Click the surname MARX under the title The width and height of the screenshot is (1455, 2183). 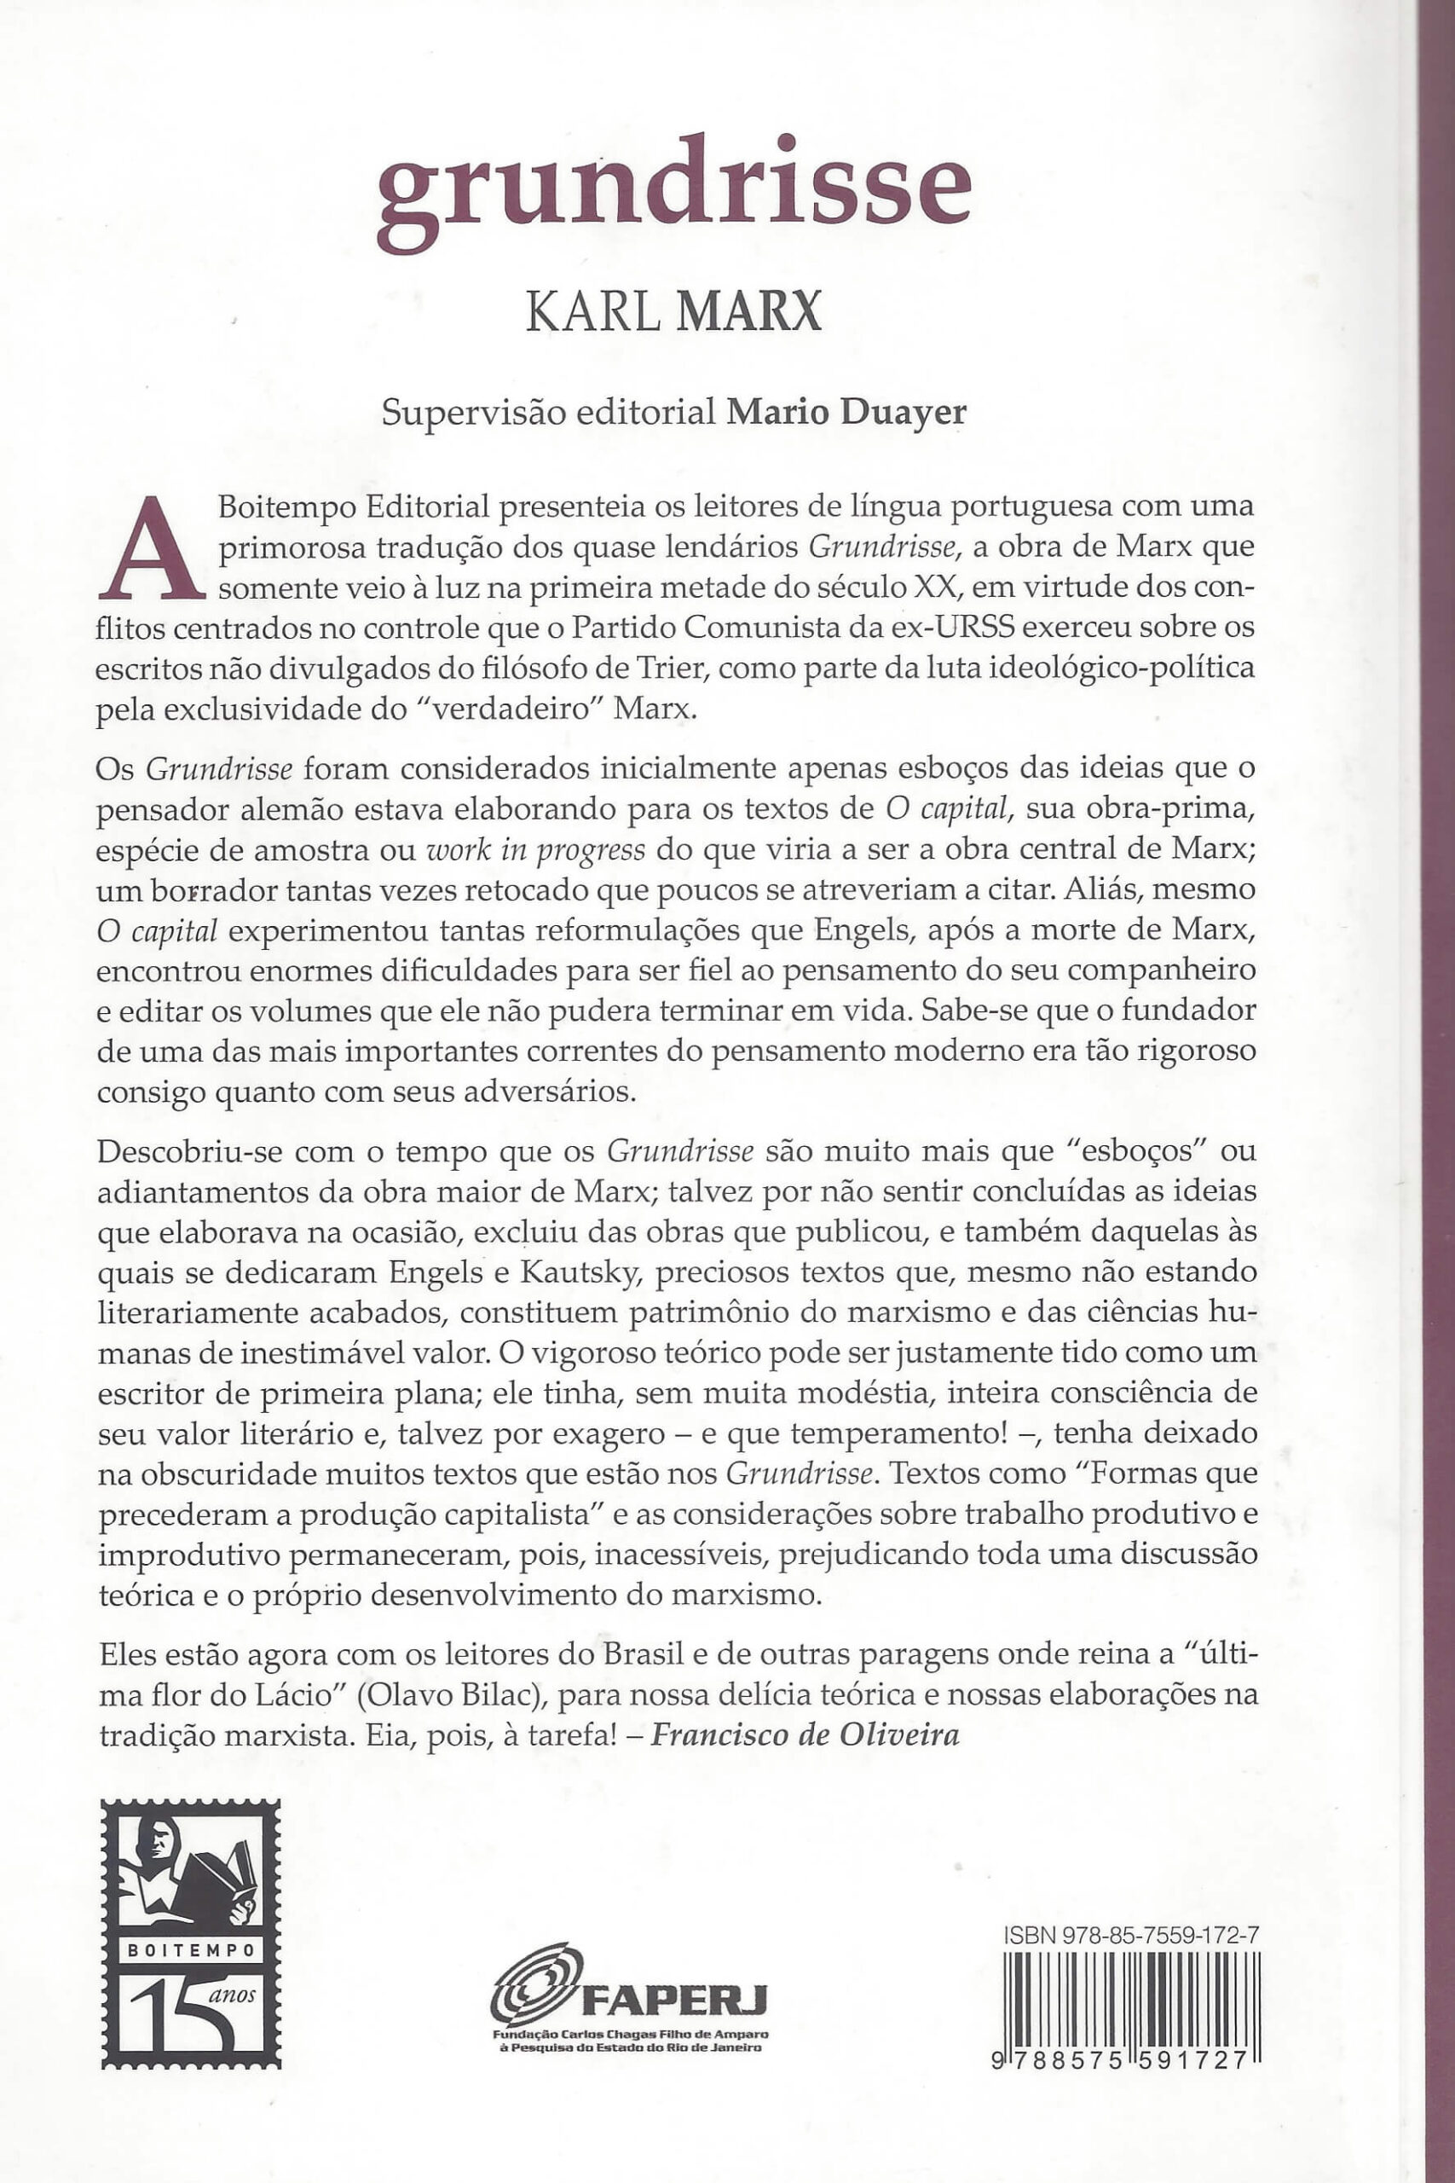[749, 313]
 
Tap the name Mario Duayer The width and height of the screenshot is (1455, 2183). [846, 411]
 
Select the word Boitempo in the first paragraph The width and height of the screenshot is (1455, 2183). [280, 507]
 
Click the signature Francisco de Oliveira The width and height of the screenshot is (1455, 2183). [805, 1734]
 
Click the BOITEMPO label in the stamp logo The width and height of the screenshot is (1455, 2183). [190, 1950]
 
